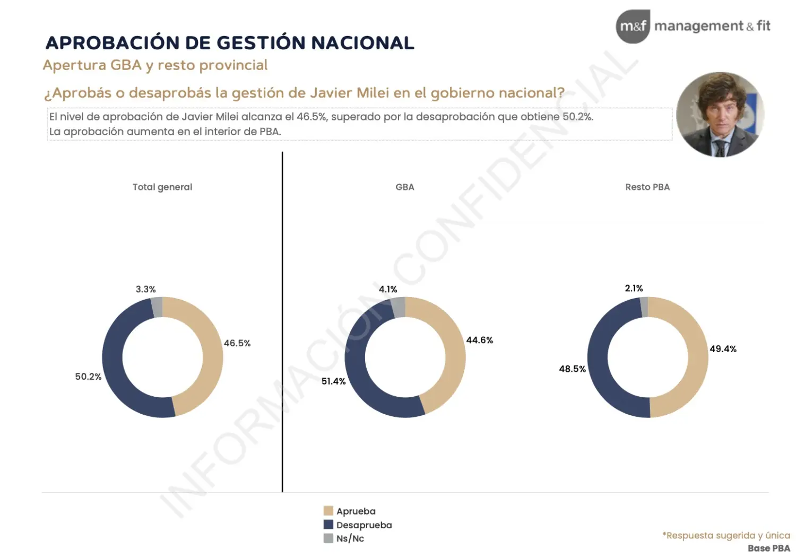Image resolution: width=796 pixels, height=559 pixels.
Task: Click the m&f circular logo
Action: (x=633, y=27)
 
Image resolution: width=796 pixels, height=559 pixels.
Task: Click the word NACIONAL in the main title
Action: (x=363, y=43)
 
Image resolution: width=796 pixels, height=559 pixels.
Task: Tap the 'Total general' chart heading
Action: (x=162, y=187)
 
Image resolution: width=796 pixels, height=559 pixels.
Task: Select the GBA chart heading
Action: (x=405, y=187)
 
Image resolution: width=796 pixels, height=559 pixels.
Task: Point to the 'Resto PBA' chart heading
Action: (x=647, y=187)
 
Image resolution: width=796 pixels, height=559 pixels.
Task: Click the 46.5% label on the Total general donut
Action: (x=237, y=344)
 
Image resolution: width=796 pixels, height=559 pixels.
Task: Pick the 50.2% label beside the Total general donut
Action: (x=88, y=377)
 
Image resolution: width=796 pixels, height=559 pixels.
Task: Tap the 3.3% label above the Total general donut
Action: (x=146, y=289)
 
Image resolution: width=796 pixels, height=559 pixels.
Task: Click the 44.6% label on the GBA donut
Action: (x=480, y=340)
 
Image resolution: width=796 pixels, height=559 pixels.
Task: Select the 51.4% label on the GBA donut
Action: (x=333, y=381)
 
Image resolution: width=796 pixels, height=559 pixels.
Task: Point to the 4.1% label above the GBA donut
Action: (x=388, y=289)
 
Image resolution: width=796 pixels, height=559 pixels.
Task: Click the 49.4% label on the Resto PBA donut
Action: (x=723, y=349)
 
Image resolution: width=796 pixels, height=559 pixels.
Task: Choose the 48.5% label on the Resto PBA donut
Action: (x=573, y=369)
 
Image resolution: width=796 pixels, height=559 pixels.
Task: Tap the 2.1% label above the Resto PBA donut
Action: (x=634, y=288)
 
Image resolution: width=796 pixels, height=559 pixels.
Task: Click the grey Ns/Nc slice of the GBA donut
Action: (x=399, y=308)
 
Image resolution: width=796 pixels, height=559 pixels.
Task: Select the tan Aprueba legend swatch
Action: (x=328, y=511)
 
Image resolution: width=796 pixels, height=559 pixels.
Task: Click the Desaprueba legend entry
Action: (x=358, y=525)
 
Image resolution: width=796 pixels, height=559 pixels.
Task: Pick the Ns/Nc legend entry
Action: (x=344, y=538)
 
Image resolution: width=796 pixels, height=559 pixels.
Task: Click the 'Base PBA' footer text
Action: (x=769, y=549)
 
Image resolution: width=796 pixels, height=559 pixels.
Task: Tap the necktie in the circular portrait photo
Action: (x=720, y=148)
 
